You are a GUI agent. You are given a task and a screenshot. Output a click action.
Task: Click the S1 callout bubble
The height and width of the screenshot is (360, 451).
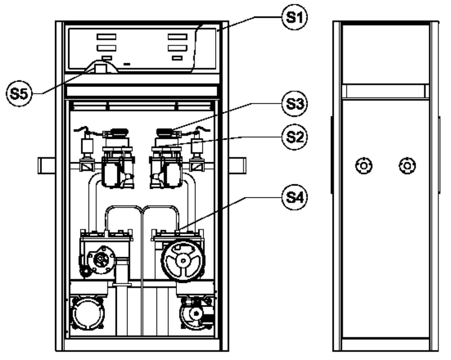tap(295, 17)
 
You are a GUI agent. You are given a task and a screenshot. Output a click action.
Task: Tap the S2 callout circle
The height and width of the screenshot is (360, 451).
tap(295, 137)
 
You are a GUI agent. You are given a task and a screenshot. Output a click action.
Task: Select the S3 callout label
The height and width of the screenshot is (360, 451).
tap(295, 104)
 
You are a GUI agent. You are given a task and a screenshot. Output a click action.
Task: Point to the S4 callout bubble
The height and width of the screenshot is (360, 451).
tap(295, 197)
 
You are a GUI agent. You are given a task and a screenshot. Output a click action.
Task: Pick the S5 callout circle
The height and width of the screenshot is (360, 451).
tap(19, 94)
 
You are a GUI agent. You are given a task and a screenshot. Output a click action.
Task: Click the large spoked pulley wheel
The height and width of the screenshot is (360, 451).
tap(183, 260)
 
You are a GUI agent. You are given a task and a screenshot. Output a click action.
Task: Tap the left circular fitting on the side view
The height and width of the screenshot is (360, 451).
tap(364, 166)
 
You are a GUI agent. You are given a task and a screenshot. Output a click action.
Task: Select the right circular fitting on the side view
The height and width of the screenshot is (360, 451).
tap(407, 166)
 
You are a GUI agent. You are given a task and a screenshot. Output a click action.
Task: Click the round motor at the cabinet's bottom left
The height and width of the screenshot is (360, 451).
tap(87, 313)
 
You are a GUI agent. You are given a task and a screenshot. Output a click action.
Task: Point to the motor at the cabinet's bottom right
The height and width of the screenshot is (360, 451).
tap(197, 313)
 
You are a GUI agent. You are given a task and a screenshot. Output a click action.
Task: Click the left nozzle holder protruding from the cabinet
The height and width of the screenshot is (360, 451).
tap(47, 166)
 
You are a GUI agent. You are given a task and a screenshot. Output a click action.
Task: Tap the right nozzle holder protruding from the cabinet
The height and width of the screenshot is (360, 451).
tap(237, 166)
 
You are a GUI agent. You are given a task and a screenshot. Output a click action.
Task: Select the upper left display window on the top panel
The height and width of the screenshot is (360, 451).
tap(106, 37)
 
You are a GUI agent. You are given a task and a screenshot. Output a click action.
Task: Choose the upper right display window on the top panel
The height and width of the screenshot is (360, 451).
tap(177, 37)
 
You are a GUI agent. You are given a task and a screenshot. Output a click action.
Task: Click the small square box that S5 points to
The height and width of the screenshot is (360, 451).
tap(101, 69)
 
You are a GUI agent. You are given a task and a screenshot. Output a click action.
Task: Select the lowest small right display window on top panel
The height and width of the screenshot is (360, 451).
tap(177, 58)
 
